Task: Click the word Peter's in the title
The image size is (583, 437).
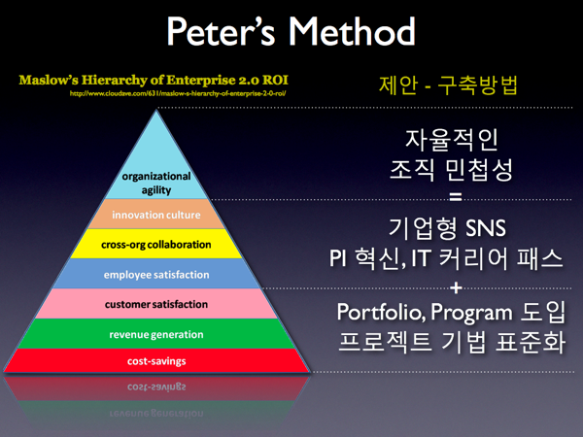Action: point(224,34)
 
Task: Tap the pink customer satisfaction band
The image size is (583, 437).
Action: point(155,304)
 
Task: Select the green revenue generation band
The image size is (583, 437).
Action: point(155,334)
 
